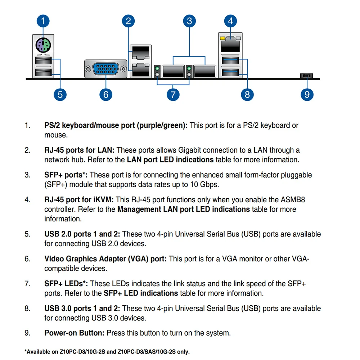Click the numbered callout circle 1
pos(43,21)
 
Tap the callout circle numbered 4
pos(230,21)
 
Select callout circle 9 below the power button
pos(307,94)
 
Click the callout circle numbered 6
pos(106,94)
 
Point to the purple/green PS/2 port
pos(43,45)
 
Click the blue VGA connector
pos(106,68)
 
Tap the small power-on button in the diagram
pos(306,76)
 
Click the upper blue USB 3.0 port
pos(230,61)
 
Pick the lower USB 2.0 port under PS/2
pos(43,73)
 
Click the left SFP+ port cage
pos(174,71)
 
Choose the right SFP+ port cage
pos(204,71)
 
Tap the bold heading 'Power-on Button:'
pos(75,333)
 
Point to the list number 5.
pos(27,234)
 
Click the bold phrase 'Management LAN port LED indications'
pos(183,209)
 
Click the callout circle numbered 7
pos(173,94)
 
